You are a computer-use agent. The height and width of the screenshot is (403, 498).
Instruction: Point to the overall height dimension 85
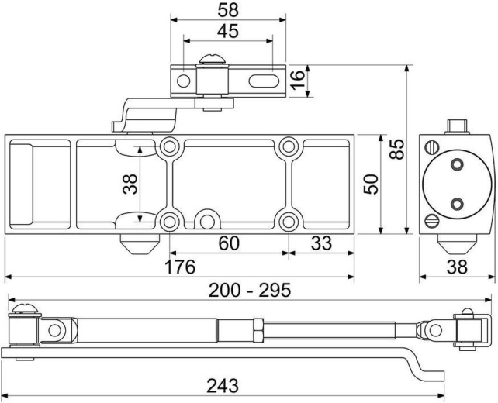[x=397, y=148]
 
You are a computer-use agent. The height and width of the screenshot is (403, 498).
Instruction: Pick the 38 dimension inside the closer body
[x=130, y=184]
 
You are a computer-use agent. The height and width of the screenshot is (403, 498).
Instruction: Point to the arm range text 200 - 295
[x=249, y=290]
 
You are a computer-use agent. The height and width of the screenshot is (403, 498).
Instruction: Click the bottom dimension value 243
[x=223, y=384]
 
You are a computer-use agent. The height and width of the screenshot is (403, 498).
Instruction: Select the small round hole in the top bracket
[x=183, y=81]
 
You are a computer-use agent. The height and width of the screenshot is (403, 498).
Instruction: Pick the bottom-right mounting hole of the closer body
[x=289, y=221]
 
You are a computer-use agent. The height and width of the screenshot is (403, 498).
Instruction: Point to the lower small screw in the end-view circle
[x=456, y=204]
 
